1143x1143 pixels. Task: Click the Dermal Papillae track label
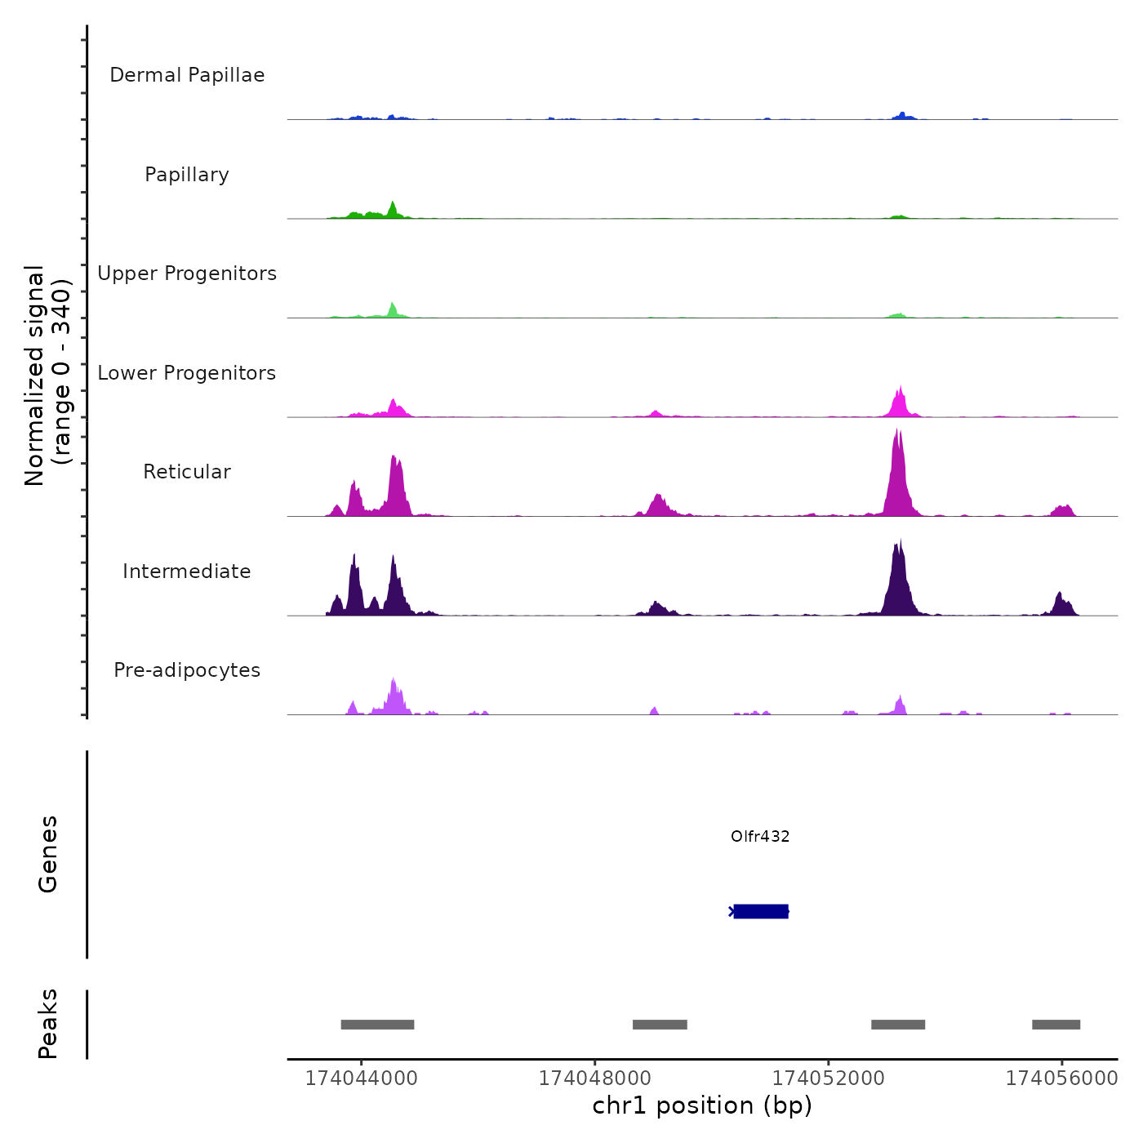coord(187,75)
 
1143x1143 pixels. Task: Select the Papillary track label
coord(187,175)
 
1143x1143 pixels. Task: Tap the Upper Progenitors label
coord(187,274)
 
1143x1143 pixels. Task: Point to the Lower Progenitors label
coord(187,373)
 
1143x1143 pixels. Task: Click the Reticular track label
coord(187,472)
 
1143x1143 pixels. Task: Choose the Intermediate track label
coord(187,571)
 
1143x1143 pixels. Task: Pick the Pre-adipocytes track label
coord(187,670)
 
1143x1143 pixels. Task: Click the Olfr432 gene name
coord(760,836)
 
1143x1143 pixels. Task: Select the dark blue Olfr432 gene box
coord(761,911)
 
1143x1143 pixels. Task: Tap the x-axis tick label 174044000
coord(361,1079)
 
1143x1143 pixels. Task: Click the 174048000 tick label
coord(594,1079)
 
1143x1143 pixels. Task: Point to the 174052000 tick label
coord(828,1079)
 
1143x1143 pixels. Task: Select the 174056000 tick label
coord(1061,1079)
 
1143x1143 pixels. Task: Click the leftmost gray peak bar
coord(377,1025)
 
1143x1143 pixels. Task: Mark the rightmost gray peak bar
coord(1056,1025)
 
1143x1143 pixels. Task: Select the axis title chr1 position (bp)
coord(702,1105)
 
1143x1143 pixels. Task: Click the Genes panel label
coord(48,854)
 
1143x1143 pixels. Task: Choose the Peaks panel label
coord(48,1024)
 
